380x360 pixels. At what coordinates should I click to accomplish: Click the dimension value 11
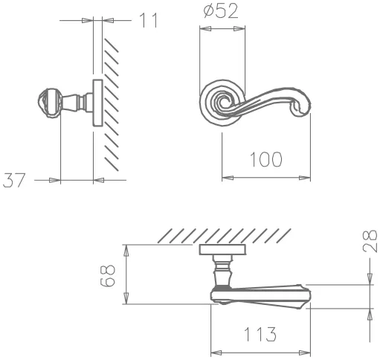(149, 20)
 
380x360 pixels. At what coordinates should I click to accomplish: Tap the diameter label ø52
(221, 10)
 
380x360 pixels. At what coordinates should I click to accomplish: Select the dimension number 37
(14, 180)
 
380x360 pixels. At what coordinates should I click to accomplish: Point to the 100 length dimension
(265, 159)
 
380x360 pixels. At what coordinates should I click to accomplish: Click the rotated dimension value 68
(108, 275)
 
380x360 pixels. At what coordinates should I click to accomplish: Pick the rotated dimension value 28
(370, 241)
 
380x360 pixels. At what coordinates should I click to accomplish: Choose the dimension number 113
(260, 334)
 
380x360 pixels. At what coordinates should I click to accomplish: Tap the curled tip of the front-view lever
(301, 106)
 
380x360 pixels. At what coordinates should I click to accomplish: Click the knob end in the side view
(49, 103)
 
